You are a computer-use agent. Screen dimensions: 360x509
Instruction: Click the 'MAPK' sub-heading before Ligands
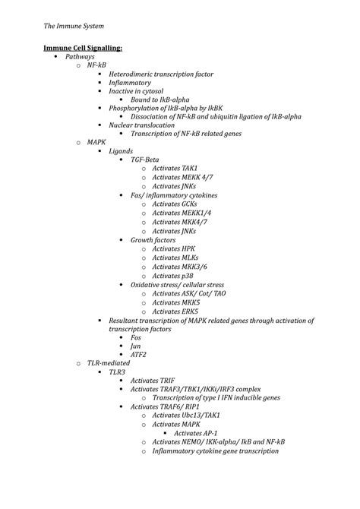96,142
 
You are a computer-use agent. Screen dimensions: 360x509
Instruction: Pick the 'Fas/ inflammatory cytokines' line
174,194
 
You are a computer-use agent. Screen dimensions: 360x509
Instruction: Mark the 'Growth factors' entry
154,239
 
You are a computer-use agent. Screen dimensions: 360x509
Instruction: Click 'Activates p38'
174,275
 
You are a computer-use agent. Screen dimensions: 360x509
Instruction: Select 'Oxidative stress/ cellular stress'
182,284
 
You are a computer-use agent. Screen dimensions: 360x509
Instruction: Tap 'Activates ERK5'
175,311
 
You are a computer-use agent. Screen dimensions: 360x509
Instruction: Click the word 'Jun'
136,346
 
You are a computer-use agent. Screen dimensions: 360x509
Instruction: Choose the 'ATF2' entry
139,355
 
